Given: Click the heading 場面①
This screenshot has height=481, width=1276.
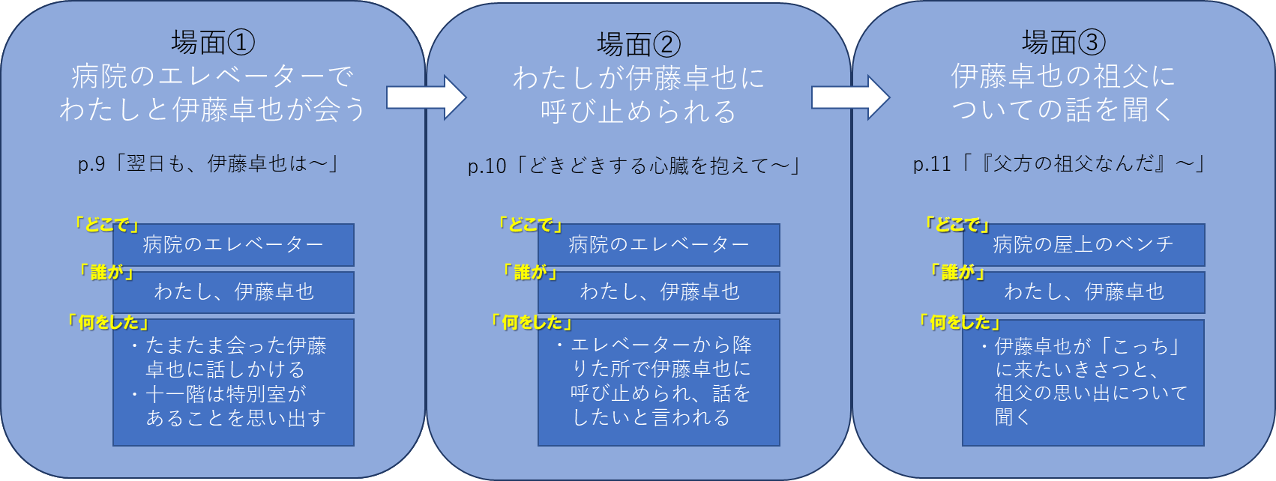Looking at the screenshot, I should point(213,43).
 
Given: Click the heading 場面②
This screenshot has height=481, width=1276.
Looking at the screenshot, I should point(639,45).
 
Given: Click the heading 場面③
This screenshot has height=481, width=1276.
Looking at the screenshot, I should point(1064,43).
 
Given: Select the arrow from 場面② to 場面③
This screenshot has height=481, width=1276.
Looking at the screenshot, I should point(850,97).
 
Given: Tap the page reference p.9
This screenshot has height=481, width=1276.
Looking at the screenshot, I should point(92,164).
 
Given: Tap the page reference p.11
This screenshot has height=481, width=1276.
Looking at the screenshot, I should point(932,164).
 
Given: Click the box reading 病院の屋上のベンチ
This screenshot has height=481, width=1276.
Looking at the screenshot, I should point(1083,245).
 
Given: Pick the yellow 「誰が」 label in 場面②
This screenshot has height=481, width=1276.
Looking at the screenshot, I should point(530,272).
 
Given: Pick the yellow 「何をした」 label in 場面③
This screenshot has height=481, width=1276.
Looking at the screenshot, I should point(960,322).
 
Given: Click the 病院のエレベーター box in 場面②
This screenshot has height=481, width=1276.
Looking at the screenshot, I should point(659,245).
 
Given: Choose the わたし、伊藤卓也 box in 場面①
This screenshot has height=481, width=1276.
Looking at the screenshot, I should point(234,292).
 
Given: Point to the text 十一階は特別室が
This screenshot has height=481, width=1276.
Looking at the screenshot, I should point(226,394).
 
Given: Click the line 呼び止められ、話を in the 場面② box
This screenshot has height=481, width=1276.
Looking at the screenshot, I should point(660,393).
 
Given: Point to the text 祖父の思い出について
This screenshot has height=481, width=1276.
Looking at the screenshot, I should point(1091,393).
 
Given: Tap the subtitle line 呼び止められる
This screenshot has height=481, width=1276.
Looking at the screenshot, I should point(639,112).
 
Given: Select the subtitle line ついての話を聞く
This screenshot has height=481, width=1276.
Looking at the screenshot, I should point(1063,109).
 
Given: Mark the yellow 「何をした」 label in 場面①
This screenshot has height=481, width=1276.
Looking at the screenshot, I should point(108,322).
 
